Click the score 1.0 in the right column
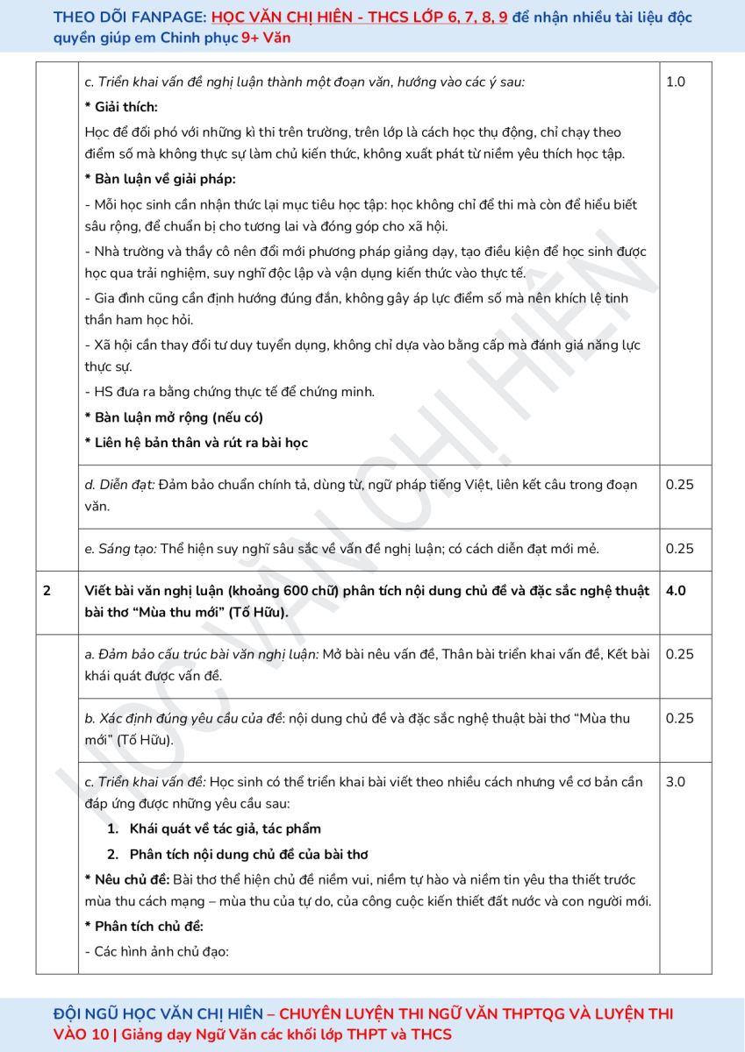[x=676, y=82]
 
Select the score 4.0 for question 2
[x=676, y=591]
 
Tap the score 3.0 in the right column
[x=676, y=782]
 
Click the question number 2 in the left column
[x=47, y=591]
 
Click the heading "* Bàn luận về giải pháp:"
[x=161, y=179]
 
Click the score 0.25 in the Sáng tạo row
[x=679, y=549]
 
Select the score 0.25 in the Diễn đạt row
[x=679, y=485]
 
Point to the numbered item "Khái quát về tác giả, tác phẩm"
[x=225, y=828]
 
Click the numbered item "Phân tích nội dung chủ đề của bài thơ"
[x=248, y=854]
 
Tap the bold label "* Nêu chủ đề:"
[x=127, y=879]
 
